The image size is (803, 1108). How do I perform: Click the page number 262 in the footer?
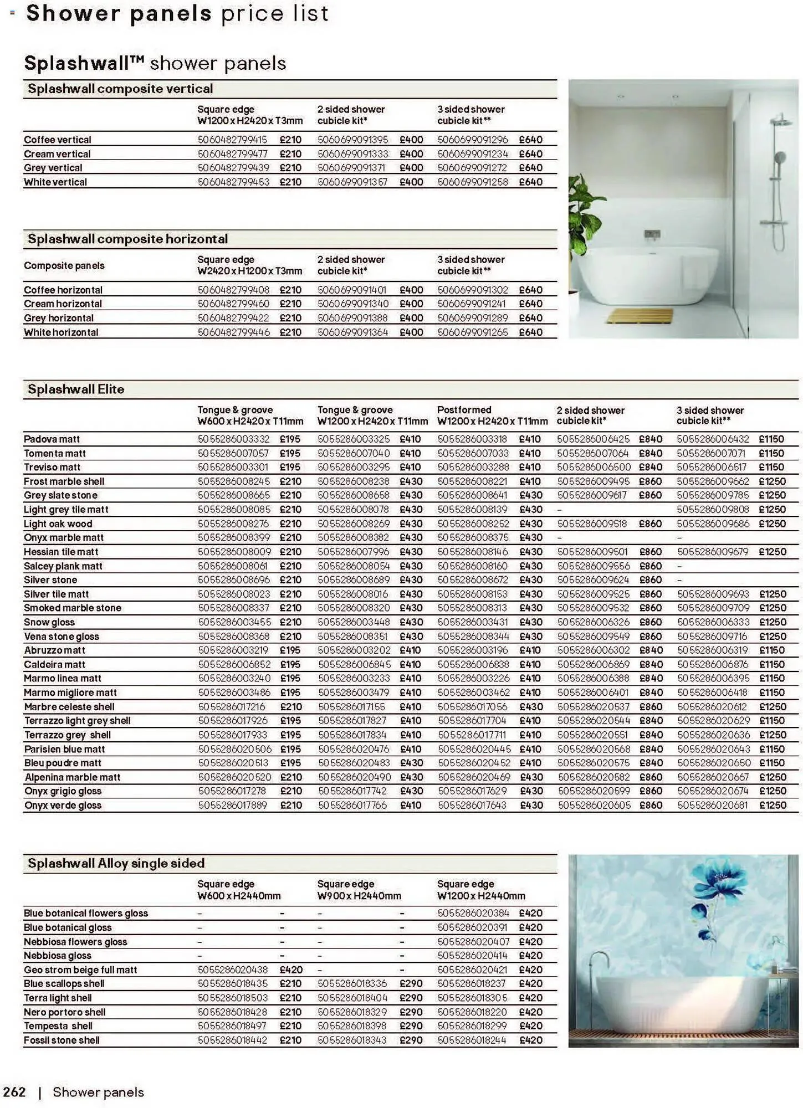click(14, 1092)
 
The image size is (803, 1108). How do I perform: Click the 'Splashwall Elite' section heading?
click(76, 389)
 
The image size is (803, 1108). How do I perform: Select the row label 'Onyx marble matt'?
click(64, 538)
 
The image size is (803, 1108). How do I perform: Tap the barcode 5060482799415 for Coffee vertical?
click(232, 140)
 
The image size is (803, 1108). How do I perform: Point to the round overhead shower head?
click(780, 119)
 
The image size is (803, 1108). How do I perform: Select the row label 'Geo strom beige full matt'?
click(80, 970)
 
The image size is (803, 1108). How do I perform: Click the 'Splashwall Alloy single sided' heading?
click(116, 864)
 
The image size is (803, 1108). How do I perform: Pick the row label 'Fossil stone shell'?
click(62, 1040)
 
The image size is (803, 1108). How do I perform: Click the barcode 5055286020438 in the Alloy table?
click(233, 970)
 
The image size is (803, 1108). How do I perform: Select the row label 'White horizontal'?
click(61, 332)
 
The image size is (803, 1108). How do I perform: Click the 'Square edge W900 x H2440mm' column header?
click(359, 890)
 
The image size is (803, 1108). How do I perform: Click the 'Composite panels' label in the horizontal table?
click(64, 266)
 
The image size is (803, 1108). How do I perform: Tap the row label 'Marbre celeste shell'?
click(69, 707)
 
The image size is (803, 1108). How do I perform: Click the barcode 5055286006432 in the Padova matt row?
click(713, 439)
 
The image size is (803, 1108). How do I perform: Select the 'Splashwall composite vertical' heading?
click(120, 89)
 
